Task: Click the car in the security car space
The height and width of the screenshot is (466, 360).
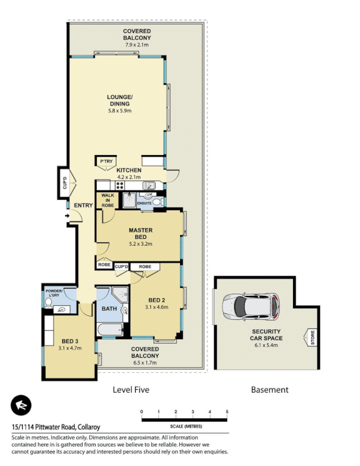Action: click(x=251, y=306)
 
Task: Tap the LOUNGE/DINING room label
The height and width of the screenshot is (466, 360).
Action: click(x=119, y=100)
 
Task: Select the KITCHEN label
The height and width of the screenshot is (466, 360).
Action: click(x=129, y=170)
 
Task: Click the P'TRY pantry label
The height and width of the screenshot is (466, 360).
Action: click(x=106, y=161)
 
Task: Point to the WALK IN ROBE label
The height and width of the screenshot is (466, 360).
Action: click(x=107, y=200)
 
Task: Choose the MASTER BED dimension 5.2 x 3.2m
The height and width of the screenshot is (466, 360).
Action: click(x=140, y=244)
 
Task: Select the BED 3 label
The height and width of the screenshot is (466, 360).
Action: click(x=70, y=341)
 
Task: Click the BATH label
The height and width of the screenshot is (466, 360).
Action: click(x=110, y=308)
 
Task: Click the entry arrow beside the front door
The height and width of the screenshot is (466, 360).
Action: click(x=67, y=217)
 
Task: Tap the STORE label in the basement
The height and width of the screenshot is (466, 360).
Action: click(x=312, y=337)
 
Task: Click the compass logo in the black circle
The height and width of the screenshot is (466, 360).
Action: click(x=21, y=405)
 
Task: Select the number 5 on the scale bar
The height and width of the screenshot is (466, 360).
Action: click(x=227, y=412)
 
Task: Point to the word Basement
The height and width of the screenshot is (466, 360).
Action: click(x=269, y=390)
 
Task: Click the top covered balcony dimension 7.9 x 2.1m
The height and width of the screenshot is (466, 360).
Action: click(x=137, y=45)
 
